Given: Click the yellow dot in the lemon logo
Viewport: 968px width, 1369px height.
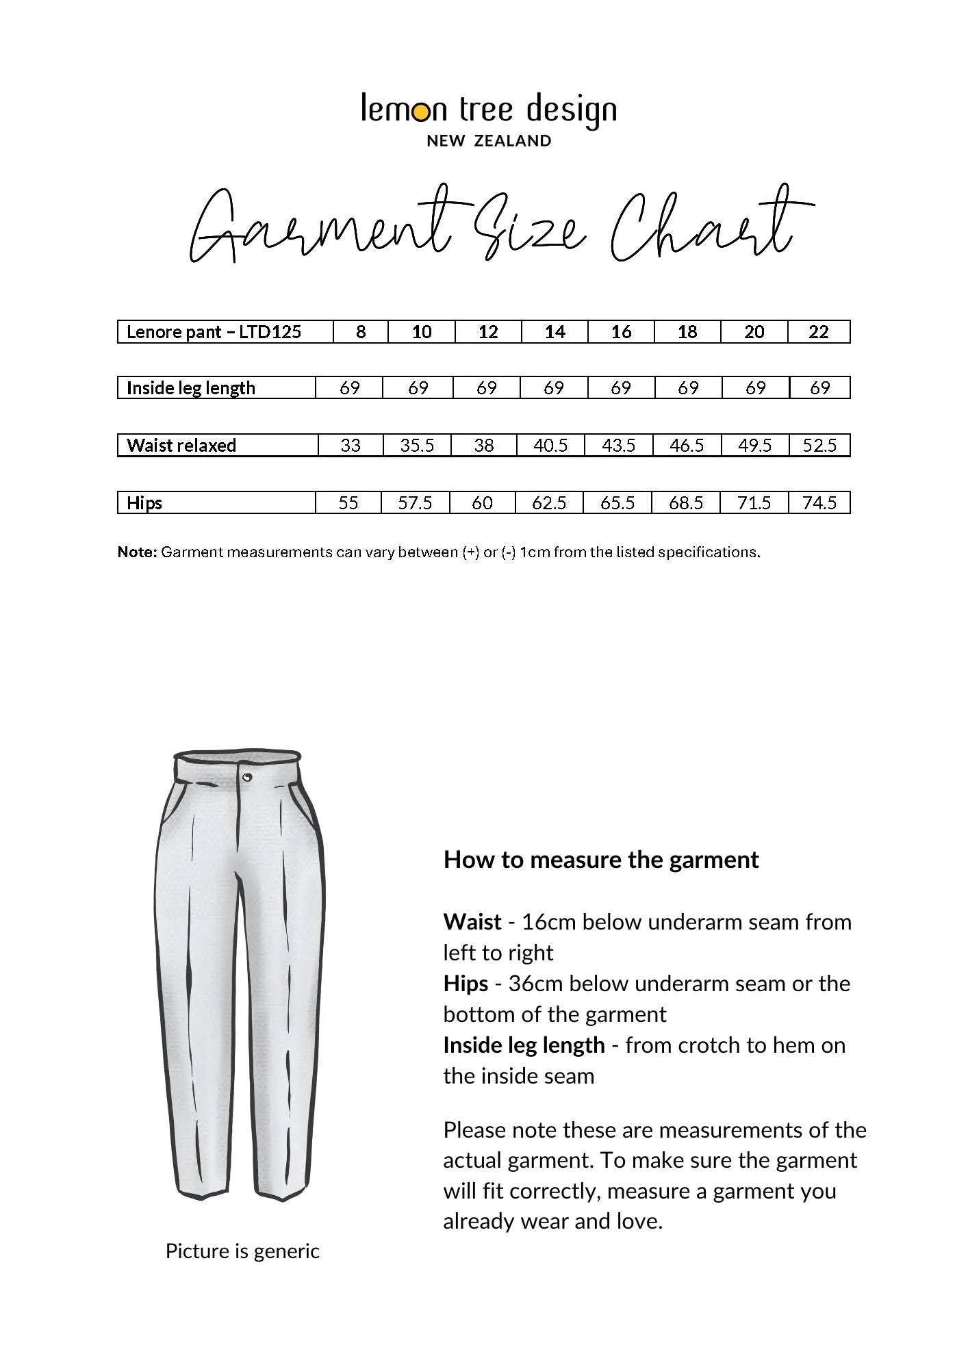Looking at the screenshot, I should [423, 111].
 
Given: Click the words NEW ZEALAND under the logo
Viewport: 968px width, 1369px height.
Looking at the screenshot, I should [489, 141].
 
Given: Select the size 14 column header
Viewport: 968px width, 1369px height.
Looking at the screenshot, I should [555, 332].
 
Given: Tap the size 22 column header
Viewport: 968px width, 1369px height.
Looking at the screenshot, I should [819, 332].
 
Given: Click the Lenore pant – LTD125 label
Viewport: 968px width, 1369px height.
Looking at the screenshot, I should [214, 332].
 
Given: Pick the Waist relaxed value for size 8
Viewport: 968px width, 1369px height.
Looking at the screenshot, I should [351, 446].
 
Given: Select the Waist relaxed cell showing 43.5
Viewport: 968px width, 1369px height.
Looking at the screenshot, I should [618, 446].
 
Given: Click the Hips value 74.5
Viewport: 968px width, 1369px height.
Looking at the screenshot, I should [819, 503].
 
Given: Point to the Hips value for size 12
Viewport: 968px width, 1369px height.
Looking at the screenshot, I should [482, 503].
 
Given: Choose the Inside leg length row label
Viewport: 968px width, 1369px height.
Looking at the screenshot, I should [191, 388].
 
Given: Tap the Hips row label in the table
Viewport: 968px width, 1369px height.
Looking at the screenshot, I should [144, 503].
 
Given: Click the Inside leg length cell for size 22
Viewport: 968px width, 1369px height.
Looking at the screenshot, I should [819, 388].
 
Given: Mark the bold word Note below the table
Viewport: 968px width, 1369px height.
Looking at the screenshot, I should [137, 552].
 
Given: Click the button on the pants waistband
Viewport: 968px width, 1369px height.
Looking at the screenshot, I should [246, 776].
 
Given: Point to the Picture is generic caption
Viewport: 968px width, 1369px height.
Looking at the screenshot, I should [242, 1251].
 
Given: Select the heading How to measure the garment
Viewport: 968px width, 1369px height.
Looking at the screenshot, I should [601, 860].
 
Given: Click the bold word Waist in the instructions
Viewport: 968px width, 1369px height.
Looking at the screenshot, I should [472, 922].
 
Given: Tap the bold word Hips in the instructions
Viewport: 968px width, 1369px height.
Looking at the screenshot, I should [466, 984].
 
